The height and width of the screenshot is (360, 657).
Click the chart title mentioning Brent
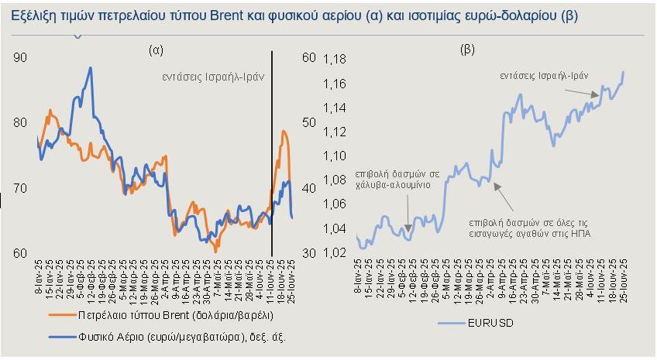295,15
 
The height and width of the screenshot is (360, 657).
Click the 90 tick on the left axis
21,58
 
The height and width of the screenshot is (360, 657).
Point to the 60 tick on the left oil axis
21,253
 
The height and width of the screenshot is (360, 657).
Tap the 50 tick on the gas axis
308,123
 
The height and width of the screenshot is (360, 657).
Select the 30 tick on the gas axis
308,253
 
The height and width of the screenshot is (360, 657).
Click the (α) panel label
156,50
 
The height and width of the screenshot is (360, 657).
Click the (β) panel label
467,50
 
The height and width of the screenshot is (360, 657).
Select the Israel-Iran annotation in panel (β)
545,76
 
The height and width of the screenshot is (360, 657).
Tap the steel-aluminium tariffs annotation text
397,180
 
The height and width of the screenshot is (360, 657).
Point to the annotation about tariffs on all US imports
530,227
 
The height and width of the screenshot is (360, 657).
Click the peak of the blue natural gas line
91,68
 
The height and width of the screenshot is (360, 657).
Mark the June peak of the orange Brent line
284,132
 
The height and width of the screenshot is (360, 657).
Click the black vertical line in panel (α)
272,155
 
